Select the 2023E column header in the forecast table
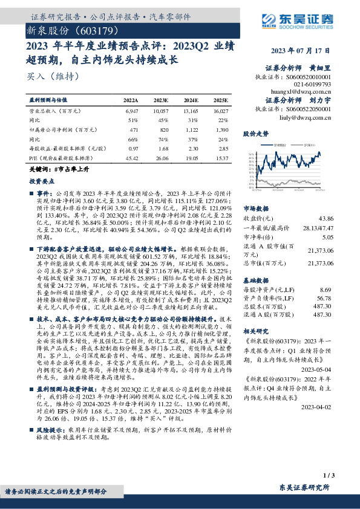click(x=161, y=100)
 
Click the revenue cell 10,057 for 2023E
click(x=161, y=112)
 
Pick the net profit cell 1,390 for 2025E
click(x=221, y=129)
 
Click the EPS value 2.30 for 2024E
click(x=192, y=148)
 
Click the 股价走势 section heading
click(x=255, y=132)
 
